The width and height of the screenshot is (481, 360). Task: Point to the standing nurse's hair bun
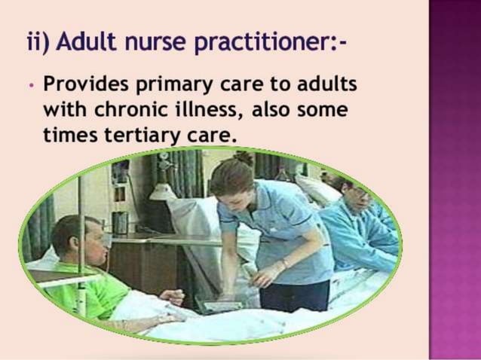click(244, 159)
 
